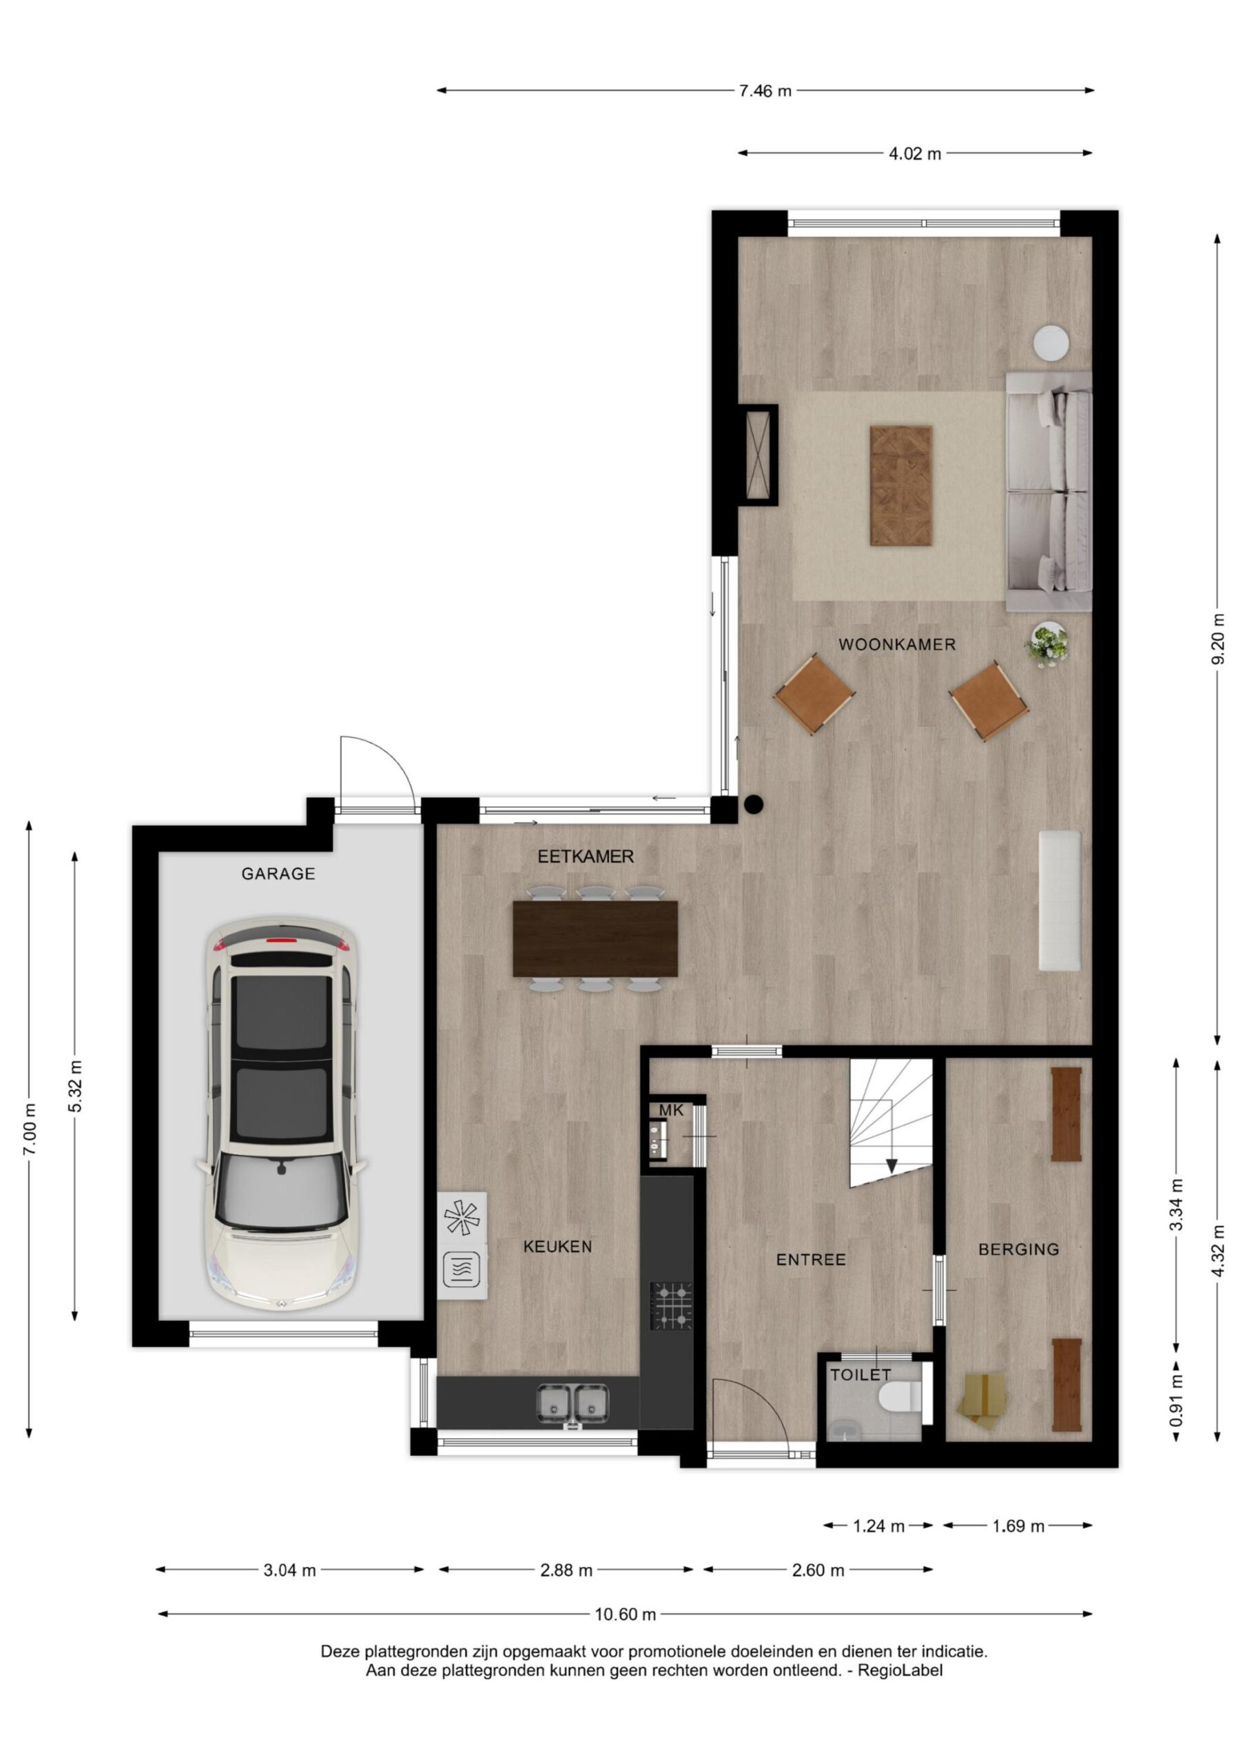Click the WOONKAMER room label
click(896, 644)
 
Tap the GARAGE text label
click(278, 874)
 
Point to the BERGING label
click(1019, 1249)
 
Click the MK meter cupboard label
click(671, 1110)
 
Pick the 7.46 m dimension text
click(765, 92)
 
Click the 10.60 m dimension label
click(626, 1614)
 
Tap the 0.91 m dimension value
click(1176, 1403)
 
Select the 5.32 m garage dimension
click(74, 1085)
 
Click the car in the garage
click(282, 1115)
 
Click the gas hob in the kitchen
click(672, 1304)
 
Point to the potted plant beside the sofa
click(1047, 643)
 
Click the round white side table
click(1051, 342)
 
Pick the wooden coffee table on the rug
click(901, 486)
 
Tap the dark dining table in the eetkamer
click(595, 938)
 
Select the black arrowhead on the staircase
click(892, 1165)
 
